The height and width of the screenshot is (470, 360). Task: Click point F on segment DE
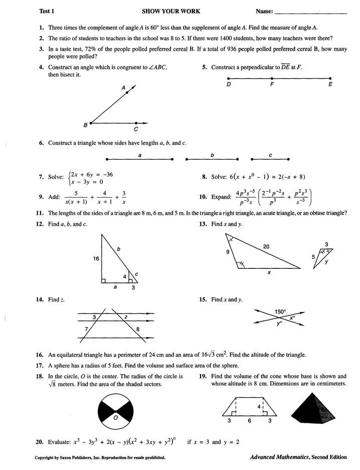(271, 79)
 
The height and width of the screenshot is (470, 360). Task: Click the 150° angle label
(280, 311)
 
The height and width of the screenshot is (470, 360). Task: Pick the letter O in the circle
(115, 417)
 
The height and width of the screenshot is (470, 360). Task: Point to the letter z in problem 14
(125, 317)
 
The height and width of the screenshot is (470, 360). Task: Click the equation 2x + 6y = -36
(91, 175)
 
